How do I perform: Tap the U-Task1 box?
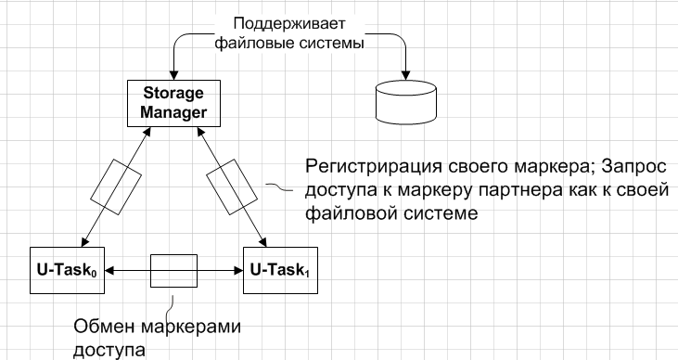click(x=279, y=271)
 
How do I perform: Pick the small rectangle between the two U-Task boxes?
click(x=173, y=271)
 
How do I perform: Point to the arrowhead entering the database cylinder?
click(x=406, y=74)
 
